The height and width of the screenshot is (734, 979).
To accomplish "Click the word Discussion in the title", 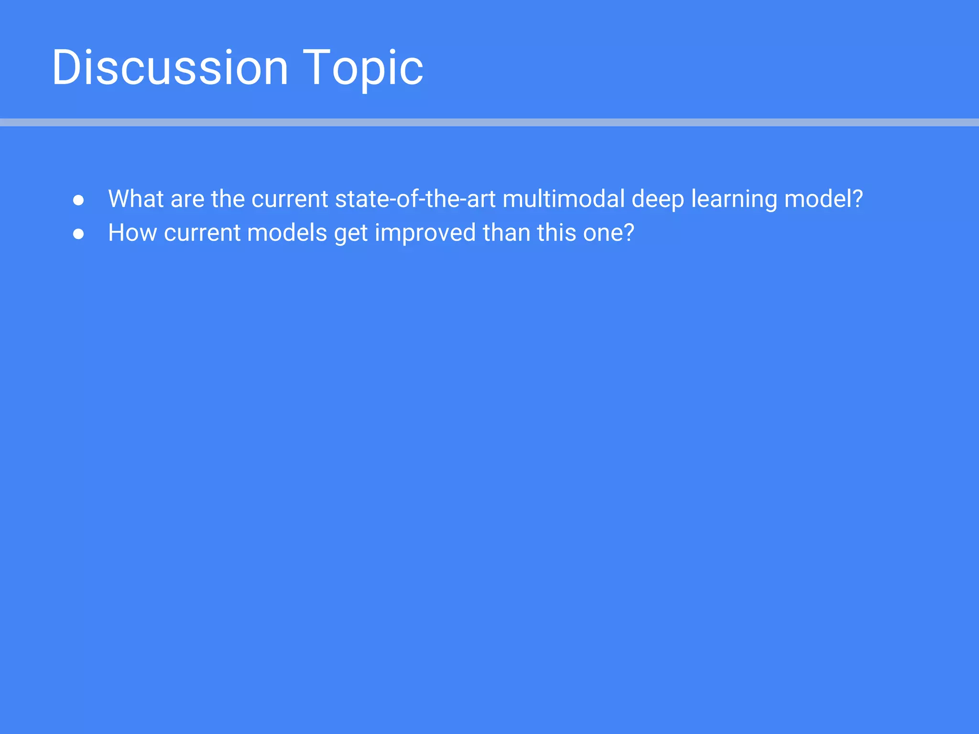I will [170, 67].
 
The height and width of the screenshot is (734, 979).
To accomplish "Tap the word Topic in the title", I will [363, 67].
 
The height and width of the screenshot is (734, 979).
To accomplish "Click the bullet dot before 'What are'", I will [78, 200].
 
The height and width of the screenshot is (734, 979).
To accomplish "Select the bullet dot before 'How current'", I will [78, 234].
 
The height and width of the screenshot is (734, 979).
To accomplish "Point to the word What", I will [136, 199].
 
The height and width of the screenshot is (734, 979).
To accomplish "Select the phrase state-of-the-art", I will [415, 199].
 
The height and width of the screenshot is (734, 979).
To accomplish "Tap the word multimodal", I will [564, 199].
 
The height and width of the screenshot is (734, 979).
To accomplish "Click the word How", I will [132, 233].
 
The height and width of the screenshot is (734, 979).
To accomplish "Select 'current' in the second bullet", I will [202, 233].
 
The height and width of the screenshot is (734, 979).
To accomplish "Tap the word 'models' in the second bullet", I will [287, 233].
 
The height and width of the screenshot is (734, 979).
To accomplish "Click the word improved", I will [425, 233].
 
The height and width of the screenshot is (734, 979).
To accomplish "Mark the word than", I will [506, 233].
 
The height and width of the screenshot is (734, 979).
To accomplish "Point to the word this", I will [556, 233].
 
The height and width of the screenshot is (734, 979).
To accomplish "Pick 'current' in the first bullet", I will [290, 199].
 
